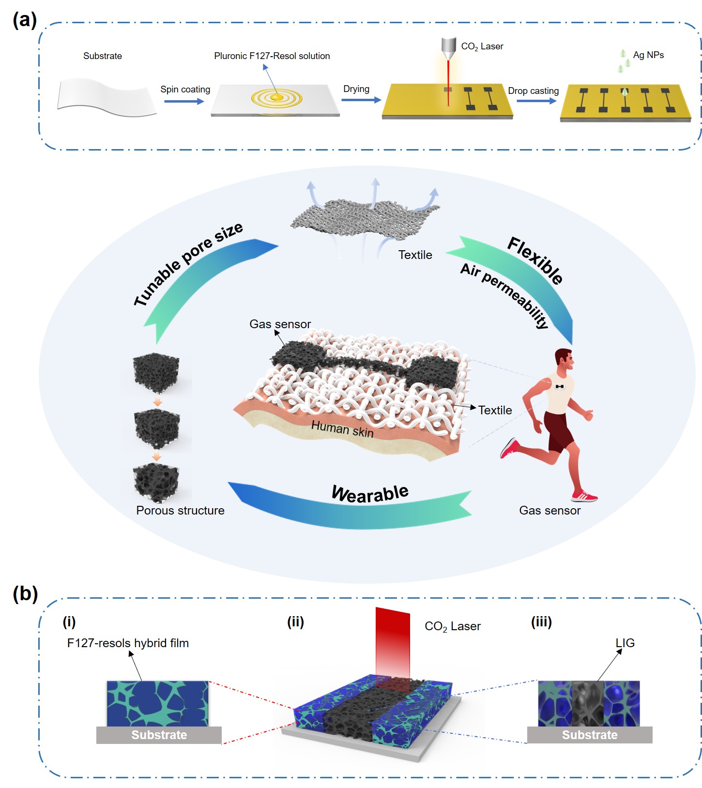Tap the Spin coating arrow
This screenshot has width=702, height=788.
tap(184, 101)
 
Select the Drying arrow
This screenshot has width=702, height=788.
tap(361, 100)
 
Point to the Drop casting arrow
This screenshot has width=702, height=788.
tap(536, 101)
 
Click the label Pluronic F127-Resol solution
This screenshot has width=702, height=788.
tap(272, 56)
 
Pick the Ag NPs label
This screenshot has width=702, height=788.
tap(648, 55)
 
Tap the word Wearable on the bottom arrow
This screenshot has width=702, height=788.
tap(370, 493)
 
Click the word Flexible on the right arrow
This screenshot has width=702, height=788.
tap(535, 260)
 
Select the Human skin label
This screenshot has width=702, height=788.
tap(342, 429)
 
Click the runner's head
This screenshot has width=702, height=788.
tap(564, 359)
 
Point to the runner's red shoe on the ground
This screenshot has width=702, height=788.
tap(584, 496)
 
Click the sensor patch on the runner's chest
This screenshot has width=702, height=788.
tap(560, 386)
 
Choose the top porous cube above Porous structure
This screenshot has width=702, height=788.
tap(156, 373)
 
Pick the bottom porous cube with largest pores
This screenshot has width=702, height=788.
tap(156, 481)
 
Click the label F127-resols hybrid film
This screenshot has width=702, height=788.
tap(128, 643)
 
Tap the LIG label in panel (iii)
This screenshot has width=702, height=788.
tap(625, 643)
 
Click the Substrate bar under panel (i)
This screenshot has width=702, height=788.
tap(159, 735)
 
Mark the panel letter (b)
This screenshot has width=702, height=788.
tap(25, 593)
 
